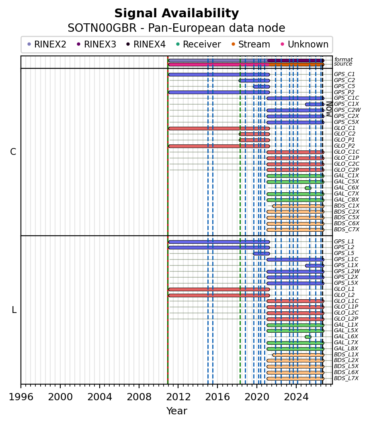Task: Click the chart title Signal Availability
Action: (176, 13)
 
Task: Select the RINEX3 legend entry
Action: (97, 44)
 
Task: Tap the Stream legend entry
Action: (251, 44)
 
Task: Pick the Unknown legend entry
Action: (305, 44)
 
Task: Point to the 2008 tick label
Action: (139, 397)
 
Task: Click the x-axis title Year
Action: (177, 411)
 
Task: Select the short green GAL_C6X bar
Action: (308, 188)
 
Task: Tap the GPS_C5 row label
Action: (344, 86)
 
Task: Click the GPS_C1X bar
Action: (315, 104)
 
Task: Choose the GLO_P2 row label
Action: (344, 146)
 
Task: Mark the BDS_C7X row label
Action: (346, 230)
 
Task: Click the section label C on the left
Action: (13, 152)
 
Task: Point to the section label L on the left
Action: (14, 310)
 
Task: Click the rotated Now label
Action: (329, 109)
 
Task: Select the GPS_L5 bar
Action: (261, 254)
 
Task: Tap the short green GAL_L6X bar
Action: (308, 337)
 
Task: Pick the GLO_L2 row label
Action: (344, 295)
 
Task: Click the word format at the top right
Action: (344, 60)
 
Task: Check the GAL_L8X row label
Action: (346, 348)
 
